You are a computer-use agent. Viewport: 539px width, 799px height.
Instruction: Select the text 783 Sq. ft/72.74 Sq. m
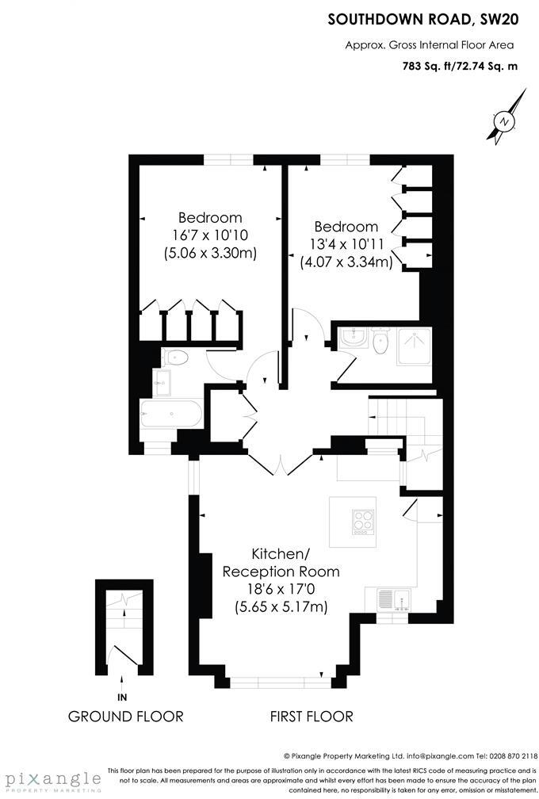coord(460,67)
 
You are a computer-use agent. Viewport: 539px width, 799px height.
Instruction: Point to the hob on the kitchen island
coord(365,520)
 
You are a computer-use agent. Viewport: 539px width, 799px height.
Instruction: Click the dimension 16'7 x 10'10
coord(210,235)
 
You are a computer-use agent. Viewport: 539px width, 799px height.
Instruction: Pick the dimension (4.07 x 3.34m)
coord(346,261)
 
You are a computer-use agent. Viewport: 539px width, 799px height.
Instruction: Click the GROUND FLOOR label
coord(126,717)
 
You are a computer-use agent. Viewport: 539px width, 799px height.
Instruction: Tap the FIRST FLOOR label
coord(312,717)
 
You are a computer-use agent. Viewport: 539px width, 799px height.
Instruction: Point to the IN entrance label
coord(122,698)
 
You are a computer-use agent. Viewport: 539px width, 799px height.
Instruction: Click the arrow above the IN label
coord(122,679)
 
